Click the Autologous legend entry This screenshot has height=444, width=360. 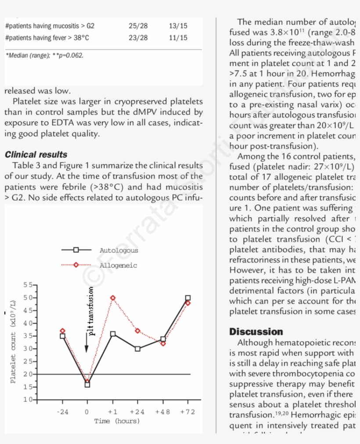[119, 250]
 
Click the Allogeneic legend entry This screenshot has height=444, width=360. [118, 265]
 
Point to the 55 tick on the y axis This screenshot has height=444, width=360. [28, 285]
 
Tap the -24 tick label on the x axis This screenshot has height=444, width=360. [62, 412]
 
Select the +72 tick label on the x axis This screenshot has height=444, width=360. [187, 412]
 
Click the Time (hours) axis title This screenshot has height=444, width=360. [117, 421]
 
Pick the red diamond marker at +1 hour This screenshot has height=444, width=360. [113, 298]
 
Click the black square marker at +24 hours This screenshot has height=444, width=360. [138, 349]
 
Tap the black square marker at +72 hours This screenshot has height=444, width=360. [188, 298]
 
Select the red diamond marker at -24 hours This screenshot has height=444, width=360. [62, 331]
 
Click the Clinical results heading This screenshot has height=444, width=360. [36, 155]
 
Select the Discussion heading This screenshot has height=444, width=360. [256, 332]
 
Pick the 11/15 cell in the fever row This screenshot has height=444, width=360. [178, 38]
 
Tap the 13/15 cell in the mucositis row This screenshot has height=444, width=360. [178, 26]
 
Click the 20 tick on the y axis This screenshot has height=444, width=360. [28, 374]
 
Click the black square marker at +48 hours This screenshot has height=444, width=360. [163, 339]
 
